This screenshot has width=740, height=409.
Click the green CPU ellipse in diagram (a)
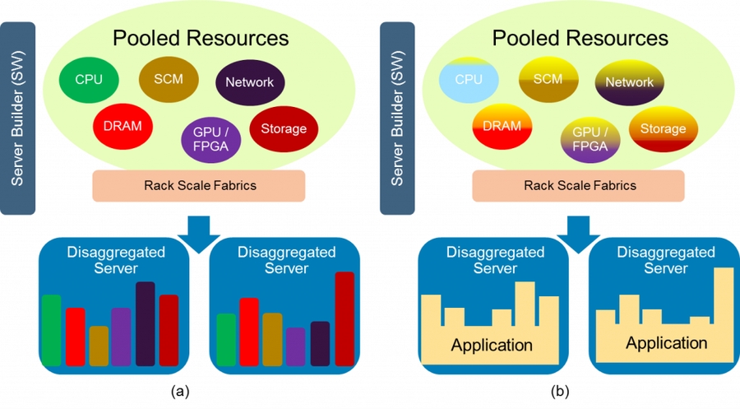[89, 80]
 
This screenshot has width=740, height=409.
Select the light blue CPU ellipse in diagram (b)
[469, 80]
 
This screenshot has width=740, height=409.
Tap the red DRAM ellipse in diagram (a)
[123, 126]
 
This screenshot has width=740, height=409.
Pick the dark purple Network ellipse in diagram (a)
[250, 82]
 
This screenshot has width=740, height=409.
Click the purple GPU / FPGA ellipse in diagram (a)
[210, 137]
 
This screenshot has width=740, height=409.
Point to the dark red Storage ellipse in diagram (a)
[283, 128]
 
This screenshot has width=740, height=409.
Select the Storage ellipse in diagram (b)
[663, 128]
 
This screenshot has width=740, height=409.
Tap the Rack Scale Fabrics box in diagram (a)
[200, 186]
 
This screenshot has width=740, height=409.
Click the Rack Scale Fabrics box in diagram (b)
[580, 186]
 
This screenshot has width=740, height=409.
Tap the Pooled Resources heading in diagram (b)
[580, 38]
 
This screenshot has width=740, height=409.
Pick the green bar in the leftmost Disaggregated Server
[51, 329]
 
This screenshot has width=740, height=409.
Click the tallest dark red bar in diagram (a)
[345, 318]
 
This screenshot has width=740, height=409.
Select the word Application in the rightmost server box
[666, 342]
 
